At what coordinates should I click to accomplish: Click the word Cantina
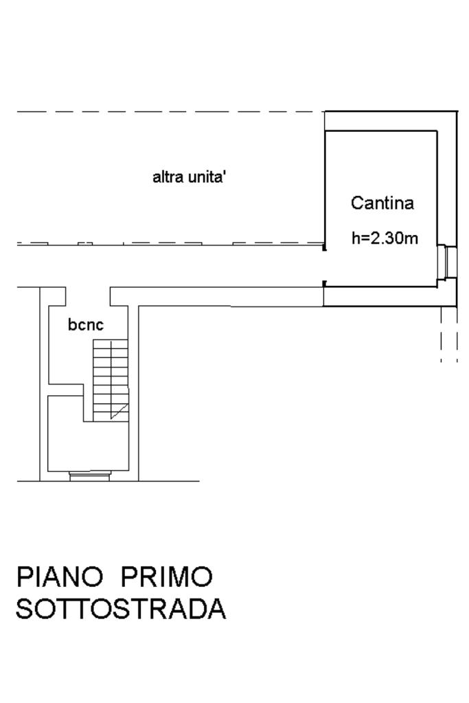382,203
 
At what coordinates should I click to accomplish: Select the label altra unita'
190,177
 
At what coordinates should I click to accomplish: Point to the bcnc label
86,324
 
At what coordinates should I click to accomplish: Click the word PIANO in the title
60,577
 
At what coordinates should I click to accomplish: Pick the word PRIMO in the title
167,577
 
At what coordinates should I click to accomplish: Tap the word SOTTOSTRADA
121,610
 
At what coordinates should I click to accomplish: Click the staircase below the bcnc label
110,378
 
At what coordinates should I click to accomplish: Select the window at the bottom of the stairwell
90,473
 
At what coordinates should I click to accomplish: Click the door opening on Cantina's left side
324,265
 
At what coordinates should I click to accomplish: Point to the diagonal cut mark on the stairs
120,411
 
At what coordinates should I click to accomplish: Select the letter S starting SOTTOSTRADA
25,610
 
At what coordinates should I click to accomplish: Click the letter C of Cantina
358,203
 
